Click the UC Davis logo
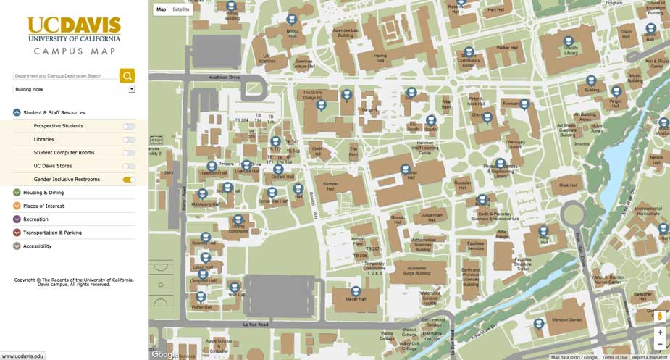[x=74, y=29]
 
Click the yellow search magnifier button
[x=127, y=75]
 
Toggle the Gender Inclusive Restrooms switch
[x=129, y=180]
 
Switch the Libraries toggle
[x=129, y=139]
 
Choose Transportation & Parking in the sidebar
[x=52, y=233]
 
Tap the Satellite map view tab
[x=181, y=9]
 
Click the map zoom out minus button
[x=659, y=344]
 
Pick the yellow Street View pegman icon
[x=659, y=317]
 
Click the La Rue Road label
[x=256, y=325]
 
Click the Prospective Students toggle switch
[x=129, y=126]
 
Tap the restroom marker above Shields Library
[x=569, y=41]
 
